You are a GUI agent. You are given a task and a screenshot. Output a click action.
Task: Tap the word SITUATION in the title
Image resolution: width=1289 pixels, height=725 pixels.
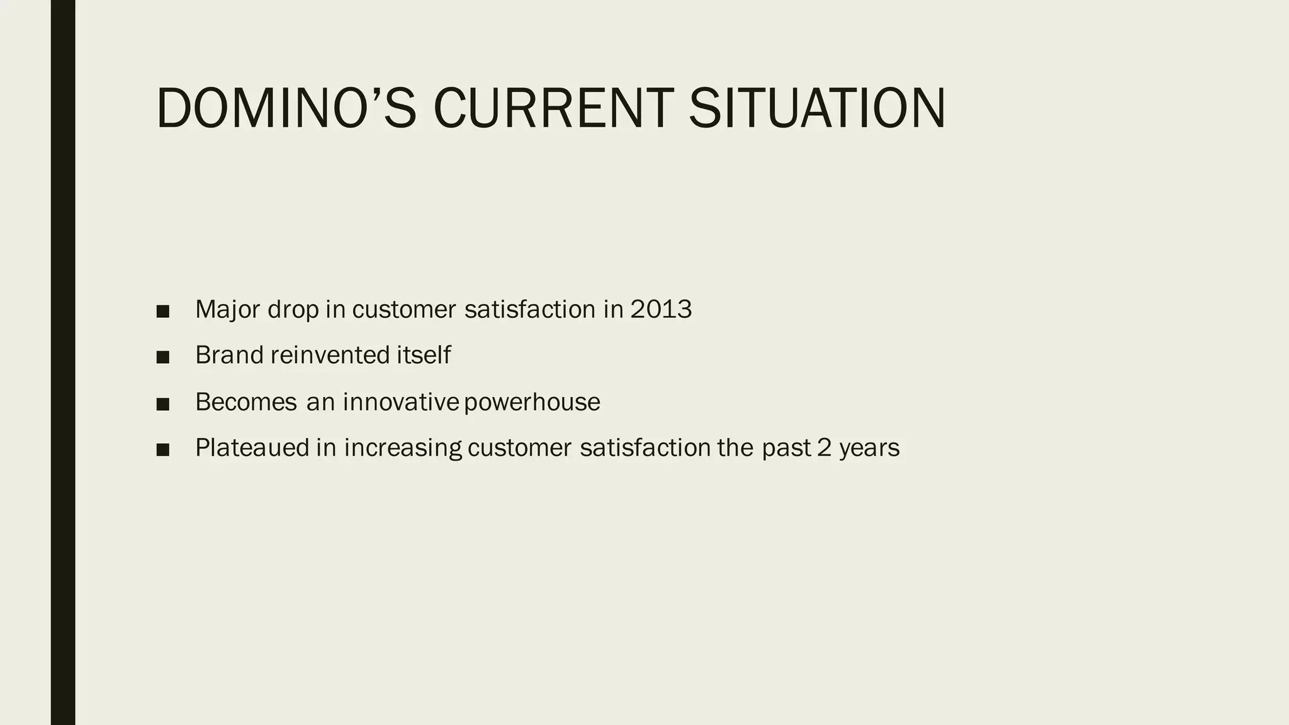pyautogui.click(x=817, y=109)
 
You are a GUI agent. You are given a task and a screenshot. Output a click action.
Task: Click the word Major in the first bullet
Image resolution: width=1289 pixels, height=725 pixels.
pyautogui.click(x=227, y=310)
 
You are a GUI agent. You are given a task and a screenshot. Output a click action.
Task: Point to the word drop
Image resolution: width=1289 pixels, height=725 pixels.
pyautogui.click(x=293, y=310)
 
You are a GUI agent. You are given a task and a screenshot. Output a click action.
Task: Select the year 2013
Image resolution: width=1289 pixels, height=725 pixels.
pyautogui.click(x=661, y=310)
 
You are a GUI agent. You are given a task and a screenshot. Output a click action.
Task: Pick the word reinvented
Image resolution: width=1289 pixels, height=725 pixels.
pyautogui.click(x=330, y=356)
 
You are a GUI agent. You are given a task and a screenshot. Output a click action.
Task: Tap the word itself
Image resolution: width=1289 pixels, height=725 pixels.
pyautogui.click(x=424, y=356)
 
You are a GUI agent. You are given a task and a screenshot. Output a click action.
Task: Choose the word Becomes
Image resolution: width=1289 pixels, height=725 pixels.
pyautogui.click(x=246, y=402)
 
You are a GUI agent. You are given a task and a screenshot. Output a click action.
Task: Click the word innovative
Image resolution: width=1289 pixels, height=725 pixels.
pyautogui.click(x=400, y=402)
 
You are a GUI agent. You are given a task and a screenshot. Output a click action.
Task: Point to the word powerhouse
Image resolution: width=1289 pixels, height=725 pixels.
pyautogui.click(x=532, y=402)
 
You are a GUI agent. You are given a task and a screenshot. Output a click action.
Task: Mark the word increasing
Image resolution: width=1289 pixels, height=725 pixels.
pyautogui.click(x=403, y=448)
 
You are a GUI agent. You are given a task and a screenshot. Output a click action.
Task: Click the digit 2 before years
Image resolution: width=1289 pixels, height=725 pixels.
pyautogui.click(x=824, y=448)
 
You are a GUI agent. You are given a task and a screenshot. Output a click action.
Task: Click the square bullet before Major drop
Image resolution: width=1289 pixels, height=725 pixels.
pyautogui.click(x=163, y=312)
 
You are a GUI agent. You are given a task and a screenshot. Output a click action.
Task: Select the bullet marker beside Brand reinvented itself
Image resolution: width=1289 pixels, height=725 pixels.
pyautogui.click(x=163, y=357)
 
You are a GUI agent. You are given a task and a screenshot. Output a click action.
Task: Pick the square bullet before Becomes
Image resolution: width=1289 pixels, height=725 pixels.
pyautogui.click(x=163, y=404)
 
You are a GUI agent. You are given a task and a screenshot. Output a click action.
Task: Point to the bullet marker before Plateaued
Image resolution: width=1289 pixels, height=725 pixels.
pyautogui.click(x=163, y=450)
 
